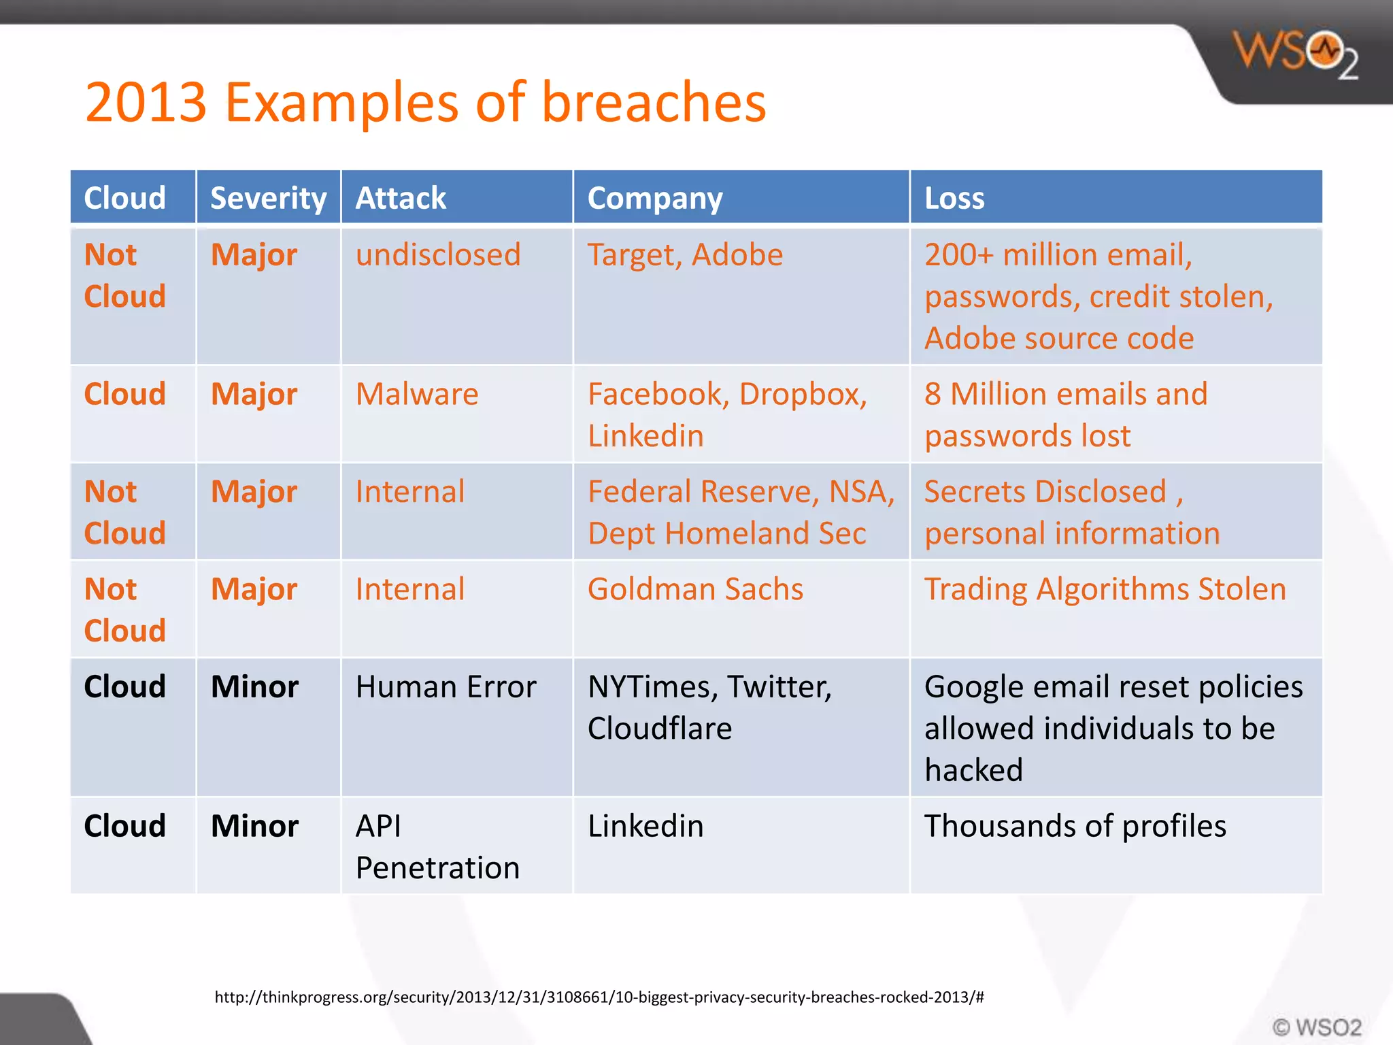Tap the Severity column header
pyautogui.click(x=268, y=198)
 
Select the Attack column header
pyautogui.click(x=401, y=198)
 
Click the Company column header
pyautogui.click(x=654, y=198)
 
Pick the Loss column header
pyautogui.click(x=954, y=198)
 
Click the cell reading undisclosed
pyautogui.click(x=438, y=255)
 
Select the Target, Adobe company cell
pyautogui.click(x=685, y=255)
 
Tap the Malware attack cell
pyautogui.click(x=417, y=394)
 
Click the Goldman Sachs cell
pyautogui.click(x=695, y=589)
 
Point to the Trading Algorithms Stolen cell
pyautogui.click(x=1105, y=589)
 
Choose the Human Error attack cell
pyautogui.click(x=446, y=687)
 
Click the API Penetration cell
pyautogui.click(x=437, y=846)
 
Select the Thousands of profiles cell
pyautogui.click(x=1075, y=826)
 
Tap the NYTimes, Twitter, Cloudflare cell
pyautogui.click(x=709, y=708)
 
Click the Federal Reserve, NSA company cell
pyautogui.click(x=740, y=512)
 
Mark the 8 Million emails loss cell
pyautogui.click(x=1065, y=414)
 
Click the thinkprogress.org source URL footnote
pyautogui.click(x=599, y=997)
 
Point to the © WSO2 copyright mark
pyautogui.click(x=1316, y=1027)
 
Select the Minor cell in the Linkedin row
pyautogui.click(x=254, y=826)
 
